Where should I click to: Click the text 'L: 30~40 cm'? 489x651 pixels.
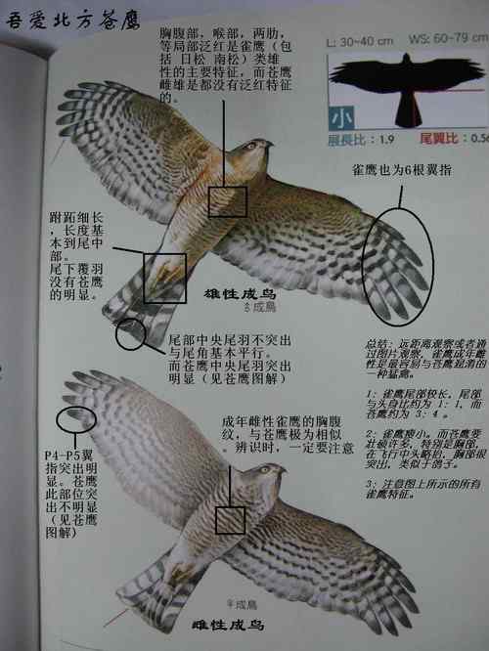pos(359,40)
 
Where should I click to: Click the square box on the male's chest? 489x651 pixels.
pos(228,200)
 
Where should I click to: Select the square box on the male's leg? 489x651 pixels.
pos(164,278)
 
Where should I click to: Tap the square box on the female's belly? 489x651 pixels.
pos(231,519)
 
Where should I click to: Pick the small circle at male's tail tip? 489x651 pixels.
pos(133,334)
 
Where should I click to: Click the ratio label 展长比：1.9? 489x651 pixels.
pos(360,137)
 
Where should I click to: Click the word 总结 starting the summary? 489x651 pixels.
pos(377,344)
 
